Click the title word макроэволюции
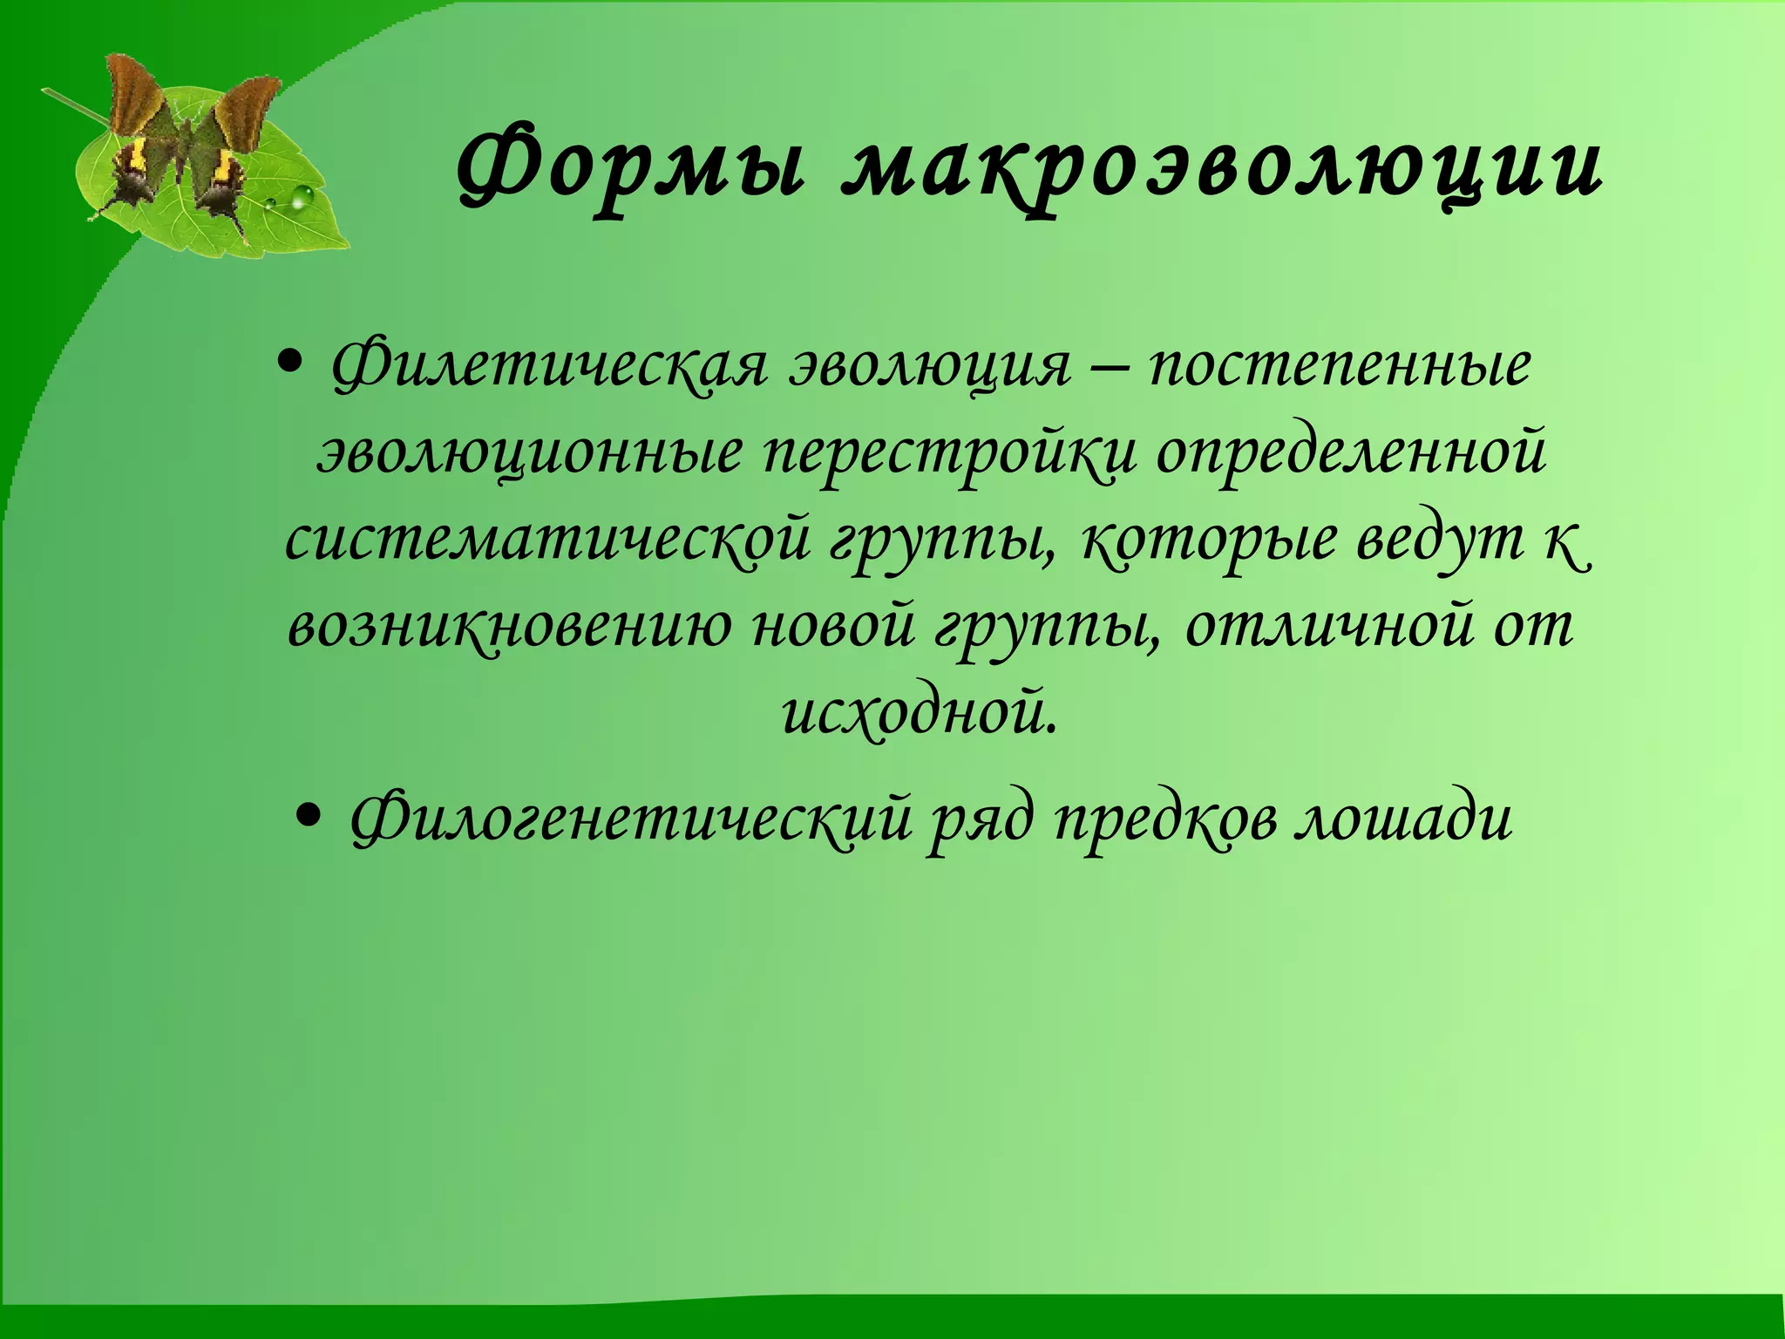pos(1221,170)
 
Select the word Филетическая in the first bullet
pos(549,366)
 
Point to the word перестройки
pos(950,454)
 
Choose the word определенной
pos(1351,454)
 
